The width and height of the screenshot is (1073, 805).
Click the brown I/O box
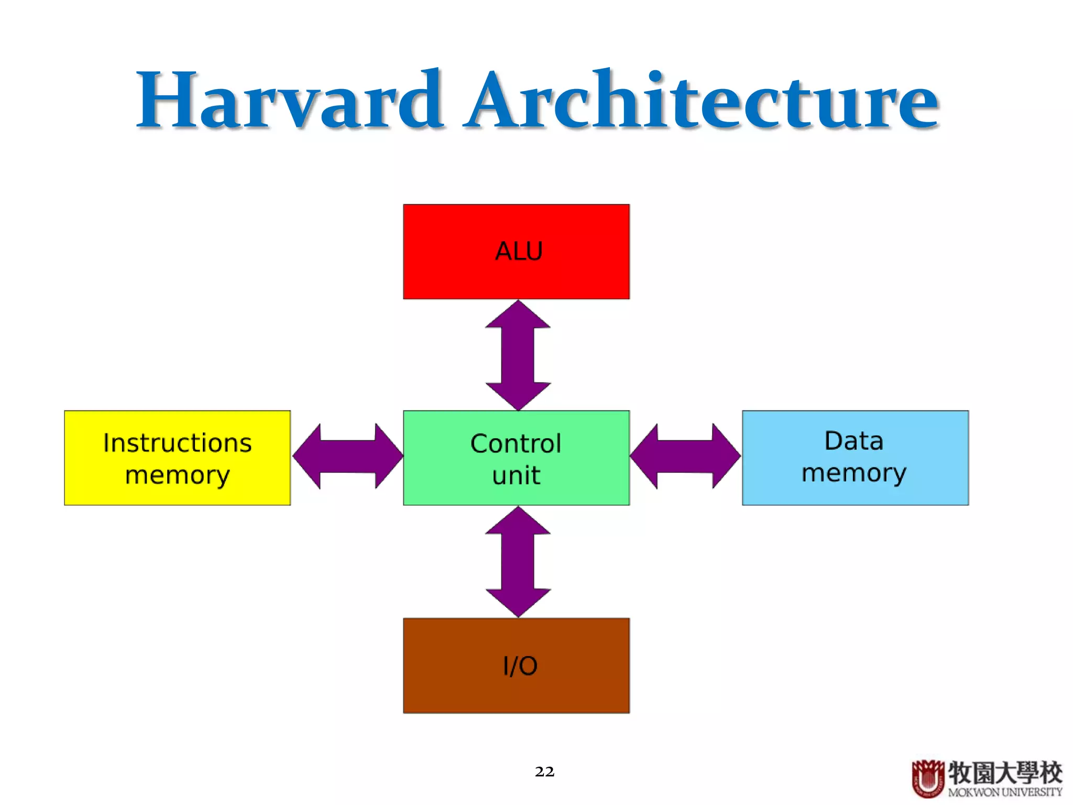(x=516, y=692)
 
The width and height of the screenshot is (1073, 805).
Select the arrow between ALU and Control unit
(x=518, y=355)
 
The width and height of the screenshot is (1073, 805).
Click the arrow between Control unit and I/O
(x=518, y=561)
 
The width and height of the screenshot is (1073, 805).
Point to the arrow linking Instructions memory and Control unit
(x=347, y=456)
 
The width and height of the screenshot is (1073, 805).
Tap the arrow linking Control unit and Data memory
(x=685, y=456)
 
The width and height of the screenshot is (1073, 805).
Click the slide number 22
(x=544, y=771)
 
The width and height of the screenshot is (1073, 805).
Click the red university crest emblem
(x=928, y=778)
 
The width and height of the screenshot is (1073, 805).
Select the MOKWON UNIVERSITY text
(x=1004, y=792)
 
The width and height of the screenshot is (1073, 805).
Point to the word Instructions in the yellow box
(x=177, y=443)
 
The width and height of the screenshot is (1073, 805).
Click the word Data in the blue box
(x=853, y=441)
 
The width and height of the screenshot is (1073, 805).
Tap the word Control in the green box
(x=516, y=443)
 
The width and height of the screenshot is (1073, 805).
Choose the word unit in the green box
(x=516, y=475)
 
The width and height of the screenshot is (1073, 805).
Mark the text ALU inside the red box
(x=519, y=251)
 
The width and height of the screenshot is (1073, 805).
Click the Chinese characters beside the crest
(x=1004, y=773)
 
